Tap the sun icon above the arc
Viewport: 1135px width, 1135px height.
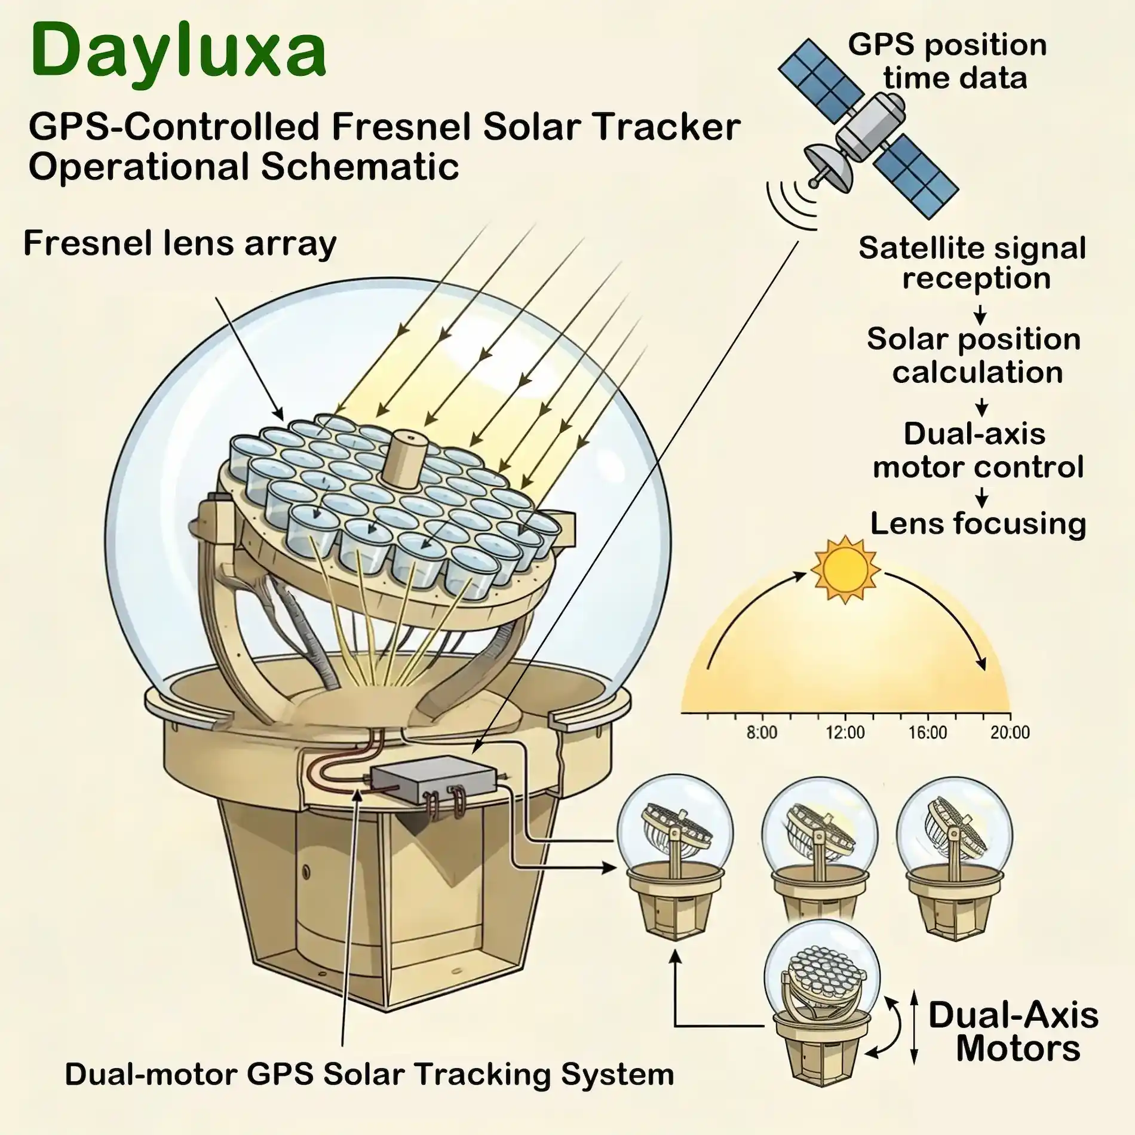(845, 569)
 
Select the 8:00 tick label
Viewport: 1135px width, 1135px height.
(762, 732)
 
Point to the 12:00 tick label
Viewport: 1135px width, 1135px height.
(845, 732)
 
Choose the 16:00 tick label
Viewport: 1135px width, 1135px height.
(928, 732)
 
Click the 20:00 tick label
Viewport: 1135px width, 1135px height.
(1010, 732)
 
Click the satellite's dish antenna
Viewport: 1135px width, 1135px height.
(827, 169)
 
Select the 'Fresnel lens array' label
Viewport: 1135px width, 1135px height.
(180, 244)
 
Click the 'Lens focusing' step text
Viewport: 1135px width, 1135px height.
(978, 524)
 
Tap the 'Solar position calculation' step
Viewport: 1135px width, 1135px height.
(974, 355)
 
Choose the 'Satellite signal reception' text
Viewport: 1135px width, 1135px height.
(973, 263)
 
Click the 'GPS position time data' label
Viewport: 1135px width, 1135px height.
(948, 61)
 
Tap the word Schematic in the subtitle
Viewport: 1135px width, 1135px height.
(360, 167)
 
